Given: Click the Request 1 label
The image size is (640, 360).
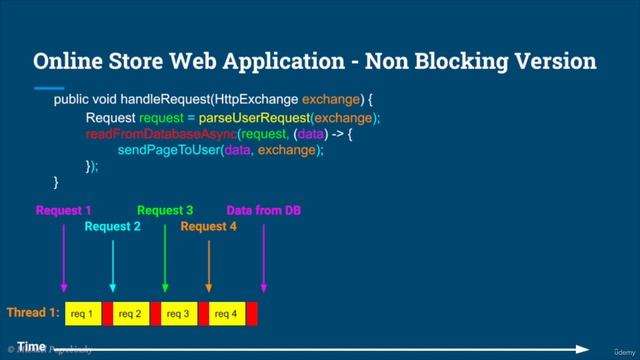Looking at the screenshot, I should (64, 211).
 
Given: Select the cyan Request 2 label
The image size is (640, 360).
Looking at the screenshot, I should (113, 227).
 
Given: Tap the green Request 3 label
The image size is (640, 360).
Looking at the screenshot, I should (165, 211).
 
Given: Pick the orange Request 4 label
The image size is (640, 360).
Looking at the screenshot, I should (209, 227).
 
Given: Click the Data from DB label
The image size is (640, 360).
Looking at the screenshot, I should (264, 211).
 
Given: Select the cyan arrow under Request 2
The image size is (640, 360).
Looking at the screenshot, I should (113, 265).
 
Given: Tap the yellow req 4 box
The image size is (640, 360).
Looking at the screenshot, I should (226, 314).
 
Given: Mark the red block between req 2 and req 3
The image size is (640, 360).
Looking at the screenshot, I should (155, 314).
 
